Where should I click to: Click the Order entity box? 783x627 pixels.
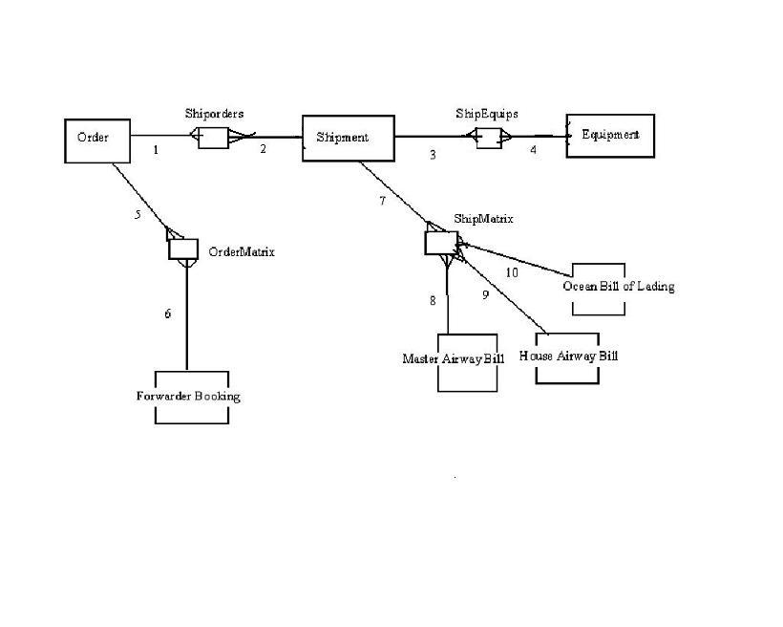(96, 140)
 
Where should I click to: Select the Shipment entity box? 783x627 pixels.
(349, 138)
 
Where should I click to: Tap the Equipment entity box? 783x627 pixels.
(609, 135)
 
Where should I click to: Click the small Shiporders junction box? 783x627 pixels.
(213, 138)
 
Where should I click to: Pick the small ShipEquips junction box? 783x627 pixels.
(488, 138)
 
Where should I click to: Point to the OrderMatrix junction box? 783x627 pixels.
(181, 249)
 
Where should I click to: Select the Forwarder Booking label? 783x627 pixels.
(188, 396)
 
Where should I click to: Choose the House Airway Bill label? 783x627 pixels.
(568, 356)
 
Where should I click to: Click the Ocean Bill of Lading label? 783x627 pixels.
(619, 286)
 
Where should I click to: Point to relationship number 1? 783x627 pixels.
(156, 150)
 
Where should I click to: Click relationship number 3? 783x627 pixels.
(433, 154)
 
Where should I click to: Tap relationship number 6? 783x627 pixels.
(168, 313)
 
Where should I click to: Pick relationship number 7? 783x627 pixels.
(382, 201)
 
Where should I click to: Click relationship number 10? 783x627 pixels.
(512, 273)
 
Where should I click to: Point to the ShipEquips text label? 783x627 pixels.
(486, 114)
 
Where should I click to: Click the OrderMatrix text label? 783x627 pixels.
(242, 252)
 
